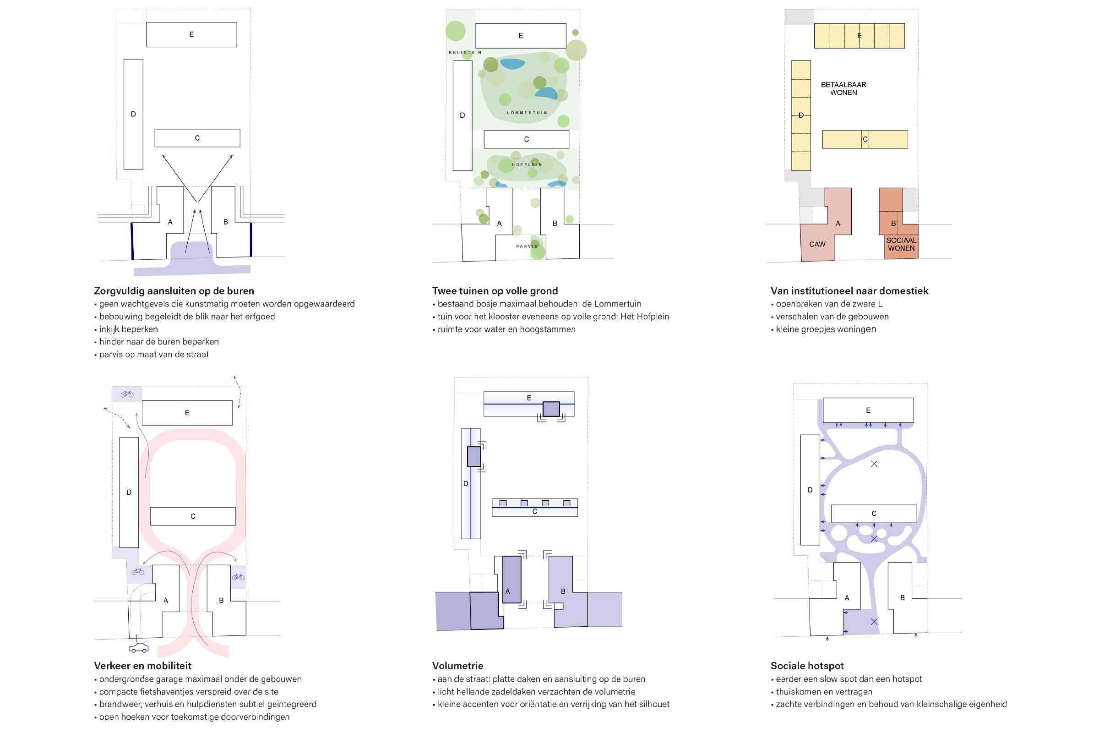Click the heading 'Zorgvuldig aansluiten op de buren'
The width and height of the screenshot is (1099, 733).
[174, 291]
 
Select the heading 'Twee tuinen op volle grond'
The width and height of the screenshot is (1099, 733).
[495, 291]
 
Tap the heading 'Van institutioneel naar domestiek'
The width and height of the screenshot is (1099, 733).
[849, 291]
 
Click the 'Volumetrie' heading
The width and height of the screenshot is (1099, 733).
[457, 666]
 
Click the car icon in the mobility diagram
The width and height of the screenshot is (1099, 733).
[139, 648]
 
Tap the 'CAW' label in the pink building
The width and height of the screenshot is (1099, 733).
[817, 244]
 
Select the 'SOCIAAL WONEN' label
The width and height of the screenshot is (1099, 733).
[901, 244]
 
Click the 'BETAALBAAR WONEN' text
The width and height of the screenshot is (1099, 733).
[843, 88]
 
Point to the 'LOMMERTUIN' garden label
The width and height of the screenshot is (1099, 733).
[527, 113]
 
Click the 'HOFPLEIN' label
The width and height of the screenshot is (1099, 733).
[527, 164]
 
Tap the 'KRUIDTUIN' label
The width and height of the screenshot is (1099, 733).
[465, 52]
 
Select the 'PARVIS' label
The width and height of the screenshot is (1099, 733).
[527, 246]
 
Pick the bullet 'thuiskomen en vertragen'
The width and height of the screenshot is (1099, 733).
[821, 691]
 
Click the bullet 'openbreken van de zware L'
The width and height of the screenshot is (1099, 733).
[826, 304]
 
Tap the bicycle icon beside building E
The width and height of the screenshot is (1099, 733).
[127, 394]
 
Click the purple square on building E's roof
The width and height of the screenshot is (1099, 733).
[551, 409]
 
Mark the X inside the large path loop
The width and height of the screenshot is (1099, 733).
[874, 464]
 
